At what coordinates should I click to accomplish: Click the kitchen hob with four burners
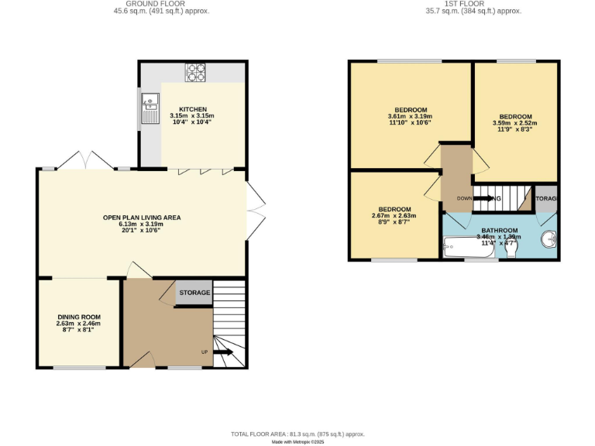(195, 71)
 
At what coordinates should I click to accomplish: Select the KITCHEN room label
(192, 109)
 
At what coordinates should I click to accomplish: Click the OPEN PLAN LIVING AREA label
(142, 218)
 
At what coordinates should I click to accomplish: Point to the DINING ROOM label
(79, 317)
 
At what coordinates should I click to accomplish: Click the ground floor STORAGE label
(194, 293)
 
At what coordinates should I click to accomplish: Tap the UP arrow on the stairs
(223, 352)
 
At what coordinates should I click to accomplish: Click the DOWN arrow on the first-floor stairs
(480, 198)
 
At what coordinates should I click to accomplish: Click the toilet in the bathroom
(511, 248)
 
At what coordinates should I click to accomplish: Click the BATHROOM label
(499, 231)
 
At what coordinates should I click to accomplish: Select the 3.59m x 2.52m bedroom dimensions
(514, 122)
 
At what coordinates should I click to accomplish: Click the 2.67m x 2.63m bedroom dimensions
(394, 216)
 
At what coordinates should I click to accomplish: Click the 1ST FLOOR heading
(473, 4)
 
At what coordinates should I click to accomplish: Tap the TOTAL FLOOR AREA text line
(297, 434)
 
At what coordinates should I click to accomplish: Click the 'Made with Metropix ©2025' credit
(297, 442)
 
